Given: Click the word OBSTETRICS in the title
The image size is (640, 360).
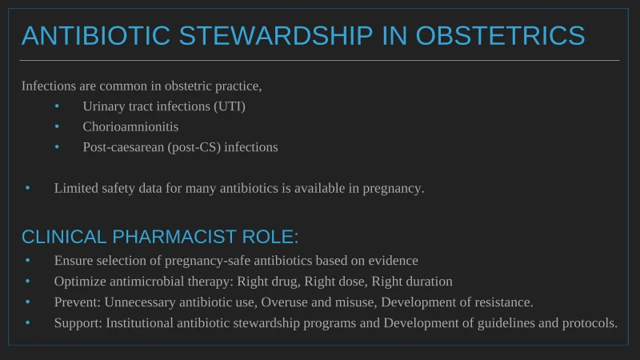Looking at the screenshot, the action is click(501, 35).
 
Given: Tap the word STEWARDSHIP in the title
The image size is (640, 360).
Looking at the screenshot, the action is click(276, 35).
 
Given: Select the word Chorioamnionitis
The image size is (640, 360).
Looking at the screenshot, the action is click(130, 126).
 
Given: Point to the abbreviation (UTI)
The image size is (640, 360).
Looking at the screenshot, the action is click(230, 106).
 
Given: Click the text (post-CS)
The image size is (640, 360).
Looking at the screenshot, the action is click(194, 147).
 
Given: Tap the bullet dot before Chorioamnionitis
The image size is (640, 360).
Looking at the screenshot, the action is click(57, 126).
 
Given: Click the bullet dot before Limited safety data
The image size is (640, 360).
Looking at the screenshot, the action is click(28, 188).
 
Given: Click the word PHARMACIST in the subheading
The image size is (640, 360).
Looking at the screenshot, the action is click(174, 237).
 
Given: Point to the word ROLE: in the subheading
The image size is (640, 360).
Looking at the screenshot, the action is click(270, 237).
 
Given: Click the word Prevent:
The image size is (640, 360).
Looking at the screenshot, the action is click(77, 302).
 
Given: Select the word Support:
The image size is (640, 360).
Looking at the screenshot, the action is click(78, 323).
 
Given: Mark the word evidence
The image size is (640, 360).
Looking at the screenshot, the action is click(393, 261).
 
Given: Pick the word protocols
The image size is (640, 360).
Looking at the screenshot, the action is click(590, 323).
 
